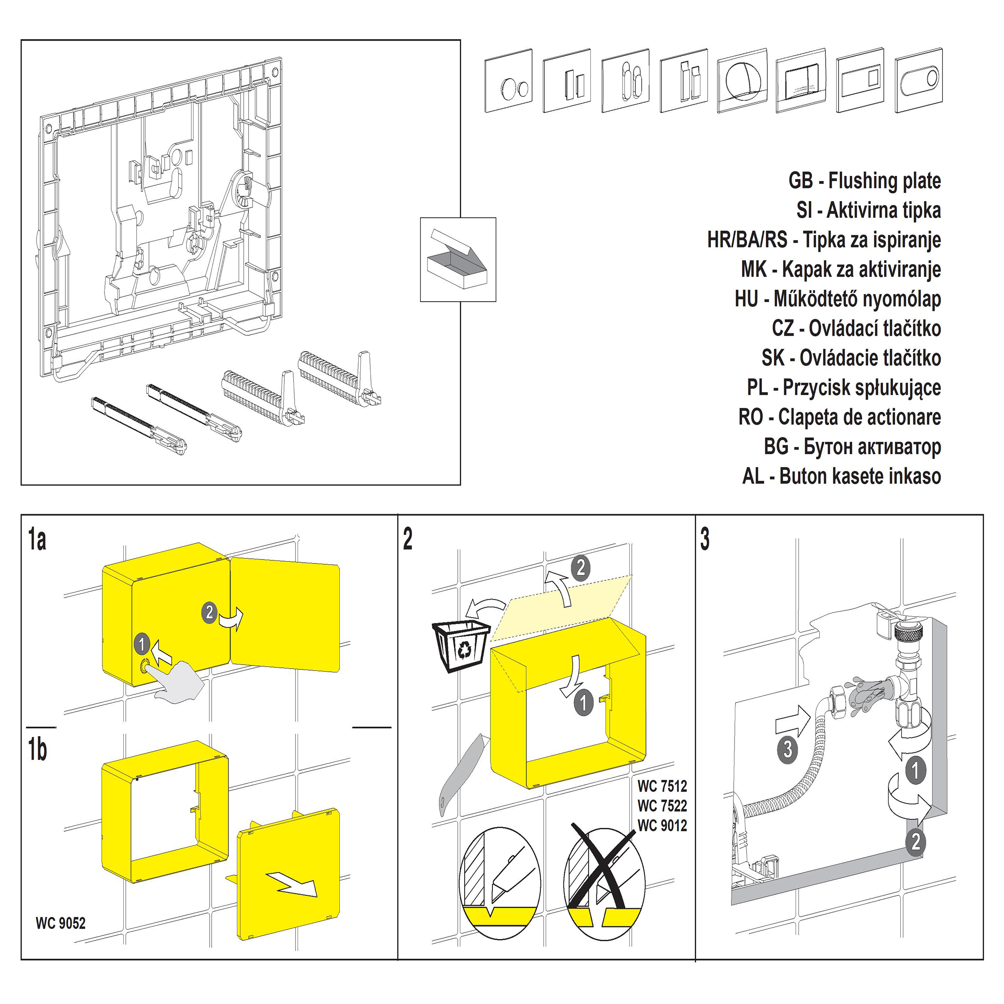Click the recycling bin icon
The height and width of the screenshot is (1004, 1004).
click(x=460, y=645)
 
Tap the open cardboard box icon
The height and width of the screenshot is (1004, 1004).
click(x=457, y=259)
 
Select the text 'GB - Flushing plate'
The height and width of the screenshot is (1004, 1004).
click(x=864, y=181)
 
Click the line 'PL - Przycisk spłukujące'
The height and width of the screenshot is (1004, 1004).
click(x=843, y=388)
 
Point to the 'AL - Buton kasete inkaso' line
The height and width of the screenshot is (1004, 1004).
click(x=841, y=476)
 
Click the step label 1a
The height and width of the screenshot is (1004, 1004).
click(x=37, y=539)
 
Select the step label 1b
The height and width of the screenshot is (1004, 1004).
click(x=37, y=749)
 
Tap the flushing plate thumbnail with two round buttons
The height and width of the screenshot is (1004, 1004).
click(x=508, y=81)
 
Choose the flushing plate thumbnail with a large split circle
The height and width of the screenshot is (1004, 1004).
click(x=742, y=81)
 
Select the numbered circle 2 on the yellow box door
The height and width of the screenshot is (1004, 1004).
click(x=209, y=612)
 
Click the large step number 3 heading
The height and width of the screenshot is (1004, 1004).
click(x=705, y=539)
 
